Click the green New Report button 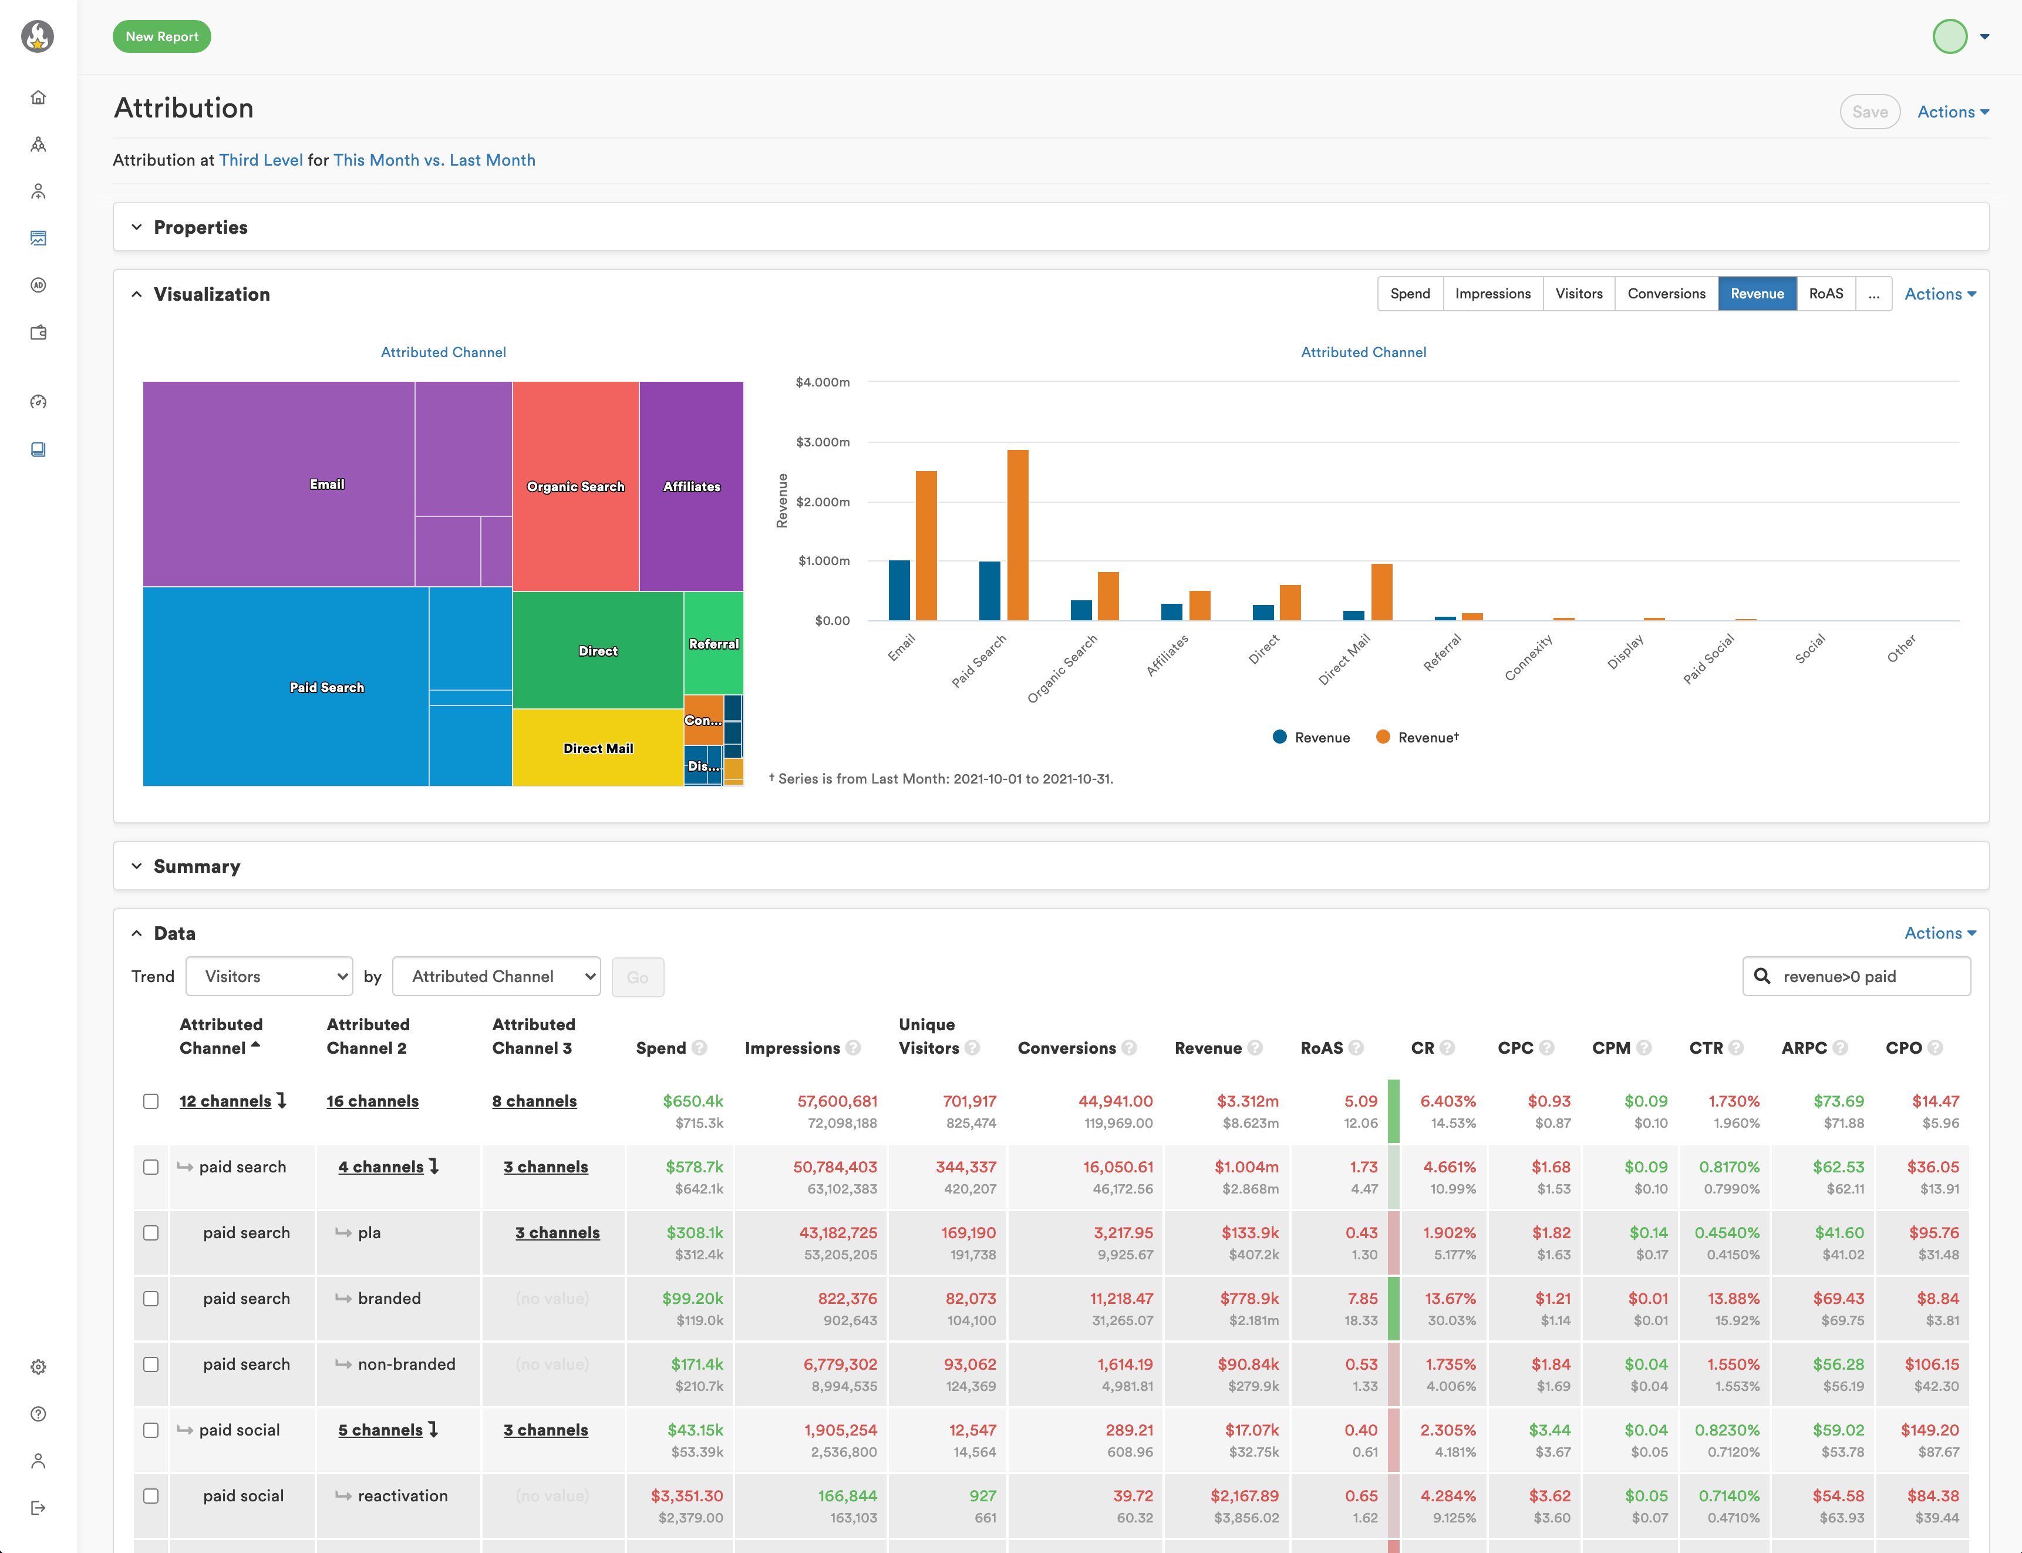click(x=161, y=37)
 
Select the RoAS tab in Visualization click(x=1825, y=294)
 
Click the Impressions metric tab click(x=1492, y=294)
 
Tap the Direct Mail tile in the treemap click(x=598, y=748)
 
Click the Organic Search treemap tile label click(x=575, y=486)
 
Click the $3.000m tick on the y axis click(x=823, y=442)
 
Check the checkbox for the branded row click(x=151, y=1299)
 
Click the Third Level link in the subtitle click(x=261, y=160)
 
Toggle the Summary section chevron click(x=137, y=866)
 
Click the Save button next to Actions click(x=1869, y=112)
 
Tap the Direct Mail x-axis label click(x=1344, y=659)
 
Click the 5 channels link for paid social click(x=380, y=1430)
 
